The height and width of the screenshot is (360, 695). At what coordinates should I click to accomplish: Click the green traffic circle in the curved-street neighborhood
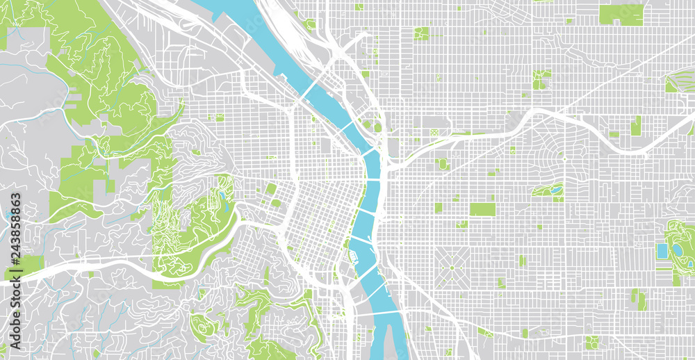coord(564,158)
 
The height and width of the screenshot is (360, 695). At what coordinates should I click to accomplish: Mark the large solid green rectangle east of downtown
coord(482,209)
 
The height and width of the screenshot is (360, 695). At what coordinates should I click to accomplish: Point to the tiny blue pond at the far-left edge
coord(6,213)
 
